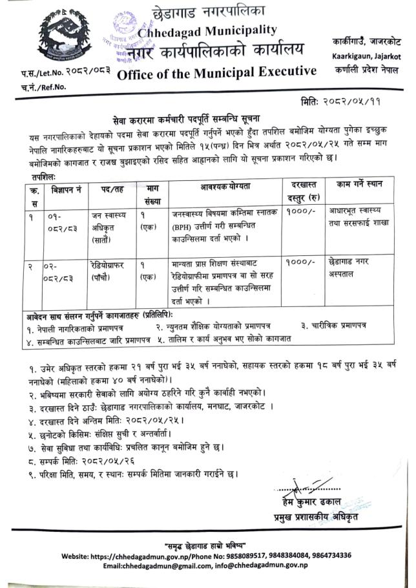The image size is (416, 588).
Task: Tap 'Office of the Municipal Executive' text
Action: click(x=217, y=72)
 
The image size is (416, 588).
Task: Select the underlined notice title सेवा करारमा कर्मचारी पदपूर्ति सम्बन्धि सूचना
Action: click(x=210, y=120)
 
